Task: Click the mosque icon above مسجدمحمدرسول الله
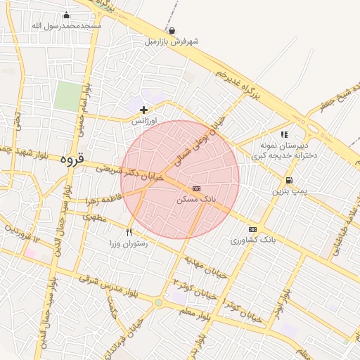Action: pos(67,15)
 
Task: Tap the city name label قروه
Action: pos(72,160)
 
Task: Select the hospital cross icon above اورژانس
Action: pos(144,110)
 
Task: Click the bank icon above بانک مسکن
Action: pos(195,188)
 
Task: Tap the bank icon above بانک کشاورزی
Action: pos(253,229)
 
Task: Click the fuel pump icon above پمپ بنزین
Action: pos(289,180)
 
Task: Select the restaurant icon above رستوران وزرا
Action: pos(129,232)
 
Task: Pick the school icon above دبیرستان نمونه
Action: pos(284,134)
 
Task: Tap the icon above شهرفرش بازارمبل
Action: pos(172,31)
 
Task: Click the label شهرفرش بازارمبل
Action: pos(172,41)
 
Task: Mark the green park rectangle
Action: pos(68,96)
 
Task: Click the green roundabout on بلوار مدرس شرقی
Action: pos(159,302)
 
